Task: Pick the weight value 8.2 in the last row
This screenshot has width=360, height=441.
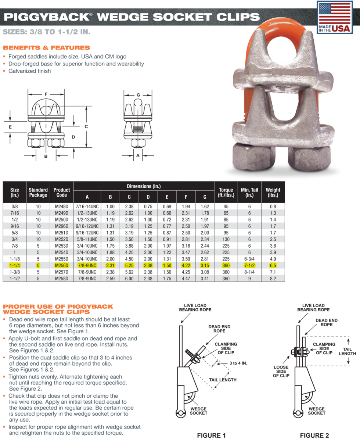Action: point(273,279)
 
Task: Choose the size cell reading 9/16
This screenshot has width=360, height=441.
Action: point(15,226)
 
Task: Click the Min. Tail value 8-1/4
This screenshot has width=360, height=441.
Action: point(250,272)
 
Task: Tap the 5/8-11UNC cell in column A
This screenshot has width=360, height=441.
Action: point(87,239)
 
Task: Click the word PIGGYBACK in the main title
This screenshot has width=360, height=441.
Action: point(46,17)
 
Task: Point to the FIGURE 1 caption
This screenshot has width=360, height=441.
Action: point(211,435)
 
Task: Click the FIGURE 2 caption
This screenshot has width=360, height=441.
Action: point(314,435)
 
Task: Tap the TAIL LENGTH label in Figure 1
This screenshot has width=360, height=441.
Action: point(223,380)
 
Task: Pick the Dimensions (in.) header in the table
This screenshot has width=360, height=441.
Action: point(144,186)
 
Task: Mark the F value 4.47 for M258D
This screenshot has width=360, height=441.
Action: point(186,279)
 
